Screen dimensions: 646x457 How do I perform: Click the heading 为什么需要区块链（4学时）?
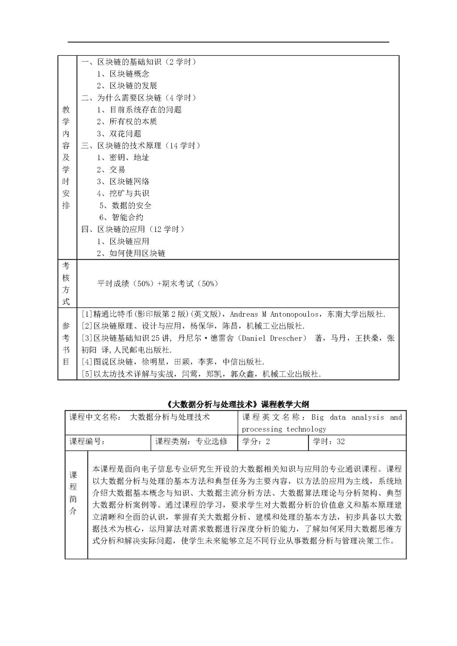(x=139, y=98)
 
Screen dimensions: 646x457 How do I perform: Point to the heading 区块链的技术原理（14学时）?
(x=141, y=146)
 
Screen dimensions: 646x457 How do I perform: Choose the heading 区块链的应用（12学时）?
(x=133, y=229)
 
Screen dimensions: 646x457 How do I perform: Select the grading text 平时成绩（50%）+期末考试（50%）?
(x=158, y=284)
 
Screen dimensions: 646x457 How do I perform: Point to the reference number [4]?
(x=87, y=362)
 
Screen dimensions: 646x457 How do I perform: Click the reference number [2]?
(x=87, y=326)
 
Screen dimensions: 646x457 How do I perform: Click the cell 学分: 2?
(x=256, y=442)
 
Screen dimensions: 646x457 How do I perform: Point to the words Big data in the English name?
(x=329, y=418)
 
